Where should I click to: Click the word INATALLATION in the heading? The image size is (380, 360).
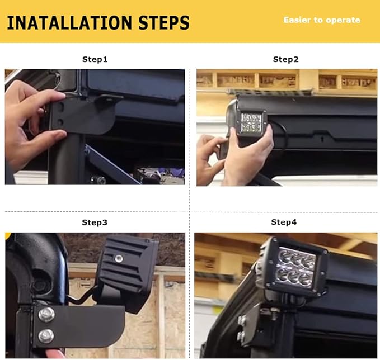[x=70, y=23]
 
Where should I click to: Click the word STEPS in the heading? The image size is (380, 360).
[x=164, y=23]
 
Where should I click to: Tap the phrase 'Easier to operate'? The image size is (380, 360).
[x=322, y=20]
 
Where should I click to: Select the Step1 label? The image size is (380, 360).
[x=95, y=59]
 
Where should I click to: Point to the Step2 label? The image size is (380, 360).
[x=286, y=59]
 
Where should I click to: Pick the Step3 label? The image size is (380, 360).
[x=95, y=222]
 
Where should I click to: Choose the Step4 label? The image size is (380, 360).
[x=284, y=222]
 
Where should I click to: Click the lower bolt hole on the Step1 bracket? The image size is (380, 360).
[x=60, y=122]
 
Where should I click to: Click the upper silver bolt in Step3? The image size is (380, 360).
[x=46, y=315]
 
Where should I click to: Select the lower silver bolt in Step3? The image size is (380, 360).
[x=46, y=337]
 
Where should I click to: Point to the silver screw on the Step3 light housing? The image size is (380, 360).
[x=119, y=259]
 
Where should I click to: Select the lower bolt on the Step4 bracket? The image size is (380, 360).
[x=241, y=336]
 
